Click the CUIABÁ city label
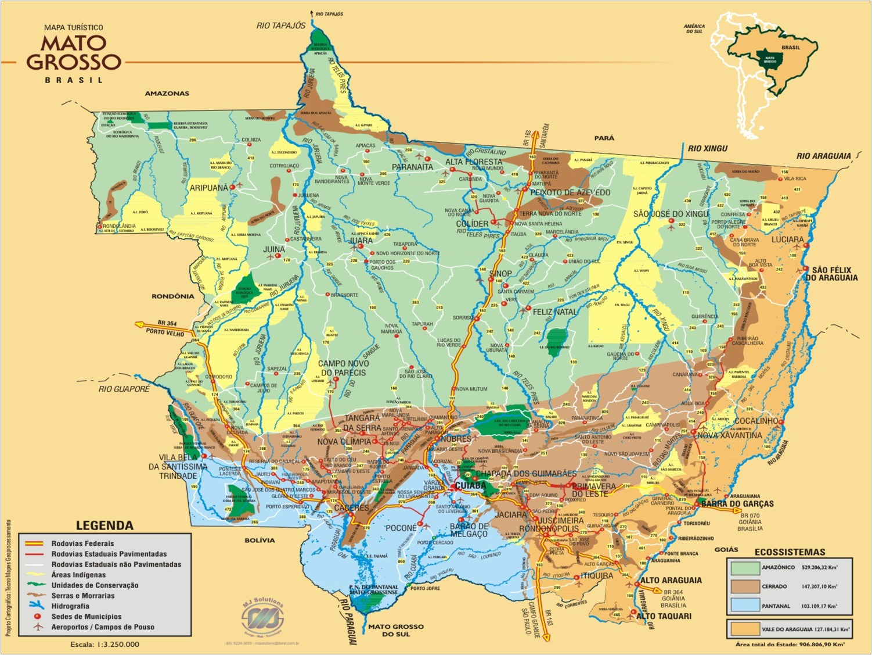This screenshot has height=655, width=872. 470,485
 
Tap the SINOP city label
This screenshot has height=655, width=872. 500,274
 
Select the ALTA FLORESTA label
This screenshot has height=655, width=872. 474,162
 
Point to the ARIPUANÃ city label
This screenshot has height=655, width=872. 209,188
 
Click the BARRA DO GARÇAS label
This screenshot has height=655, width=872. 737,504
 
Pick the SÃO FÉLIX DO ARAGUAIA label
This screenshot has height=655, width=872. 834,274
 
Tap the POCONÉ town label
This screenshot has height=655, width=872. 401,528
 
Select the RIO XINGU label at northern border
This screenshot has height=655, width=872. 707,149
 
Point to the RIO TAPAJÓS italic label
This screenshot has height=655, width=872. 281,26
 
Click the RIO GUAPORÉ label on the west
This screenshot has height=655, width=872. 124,389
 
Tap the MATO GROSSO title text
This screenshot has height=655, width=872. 74,52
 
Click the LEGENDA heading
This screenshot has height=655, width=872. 105,525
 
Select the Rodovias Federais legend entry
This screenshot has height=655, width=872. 82,543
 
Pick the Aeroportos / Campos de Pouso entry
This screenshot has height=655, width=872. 103,627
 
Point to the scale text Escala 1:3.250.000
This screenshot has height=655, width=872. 105,644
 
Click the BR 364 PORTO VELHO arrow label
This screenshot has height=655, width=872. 165,327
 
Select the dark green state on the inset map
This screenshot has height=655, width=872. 770,58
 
